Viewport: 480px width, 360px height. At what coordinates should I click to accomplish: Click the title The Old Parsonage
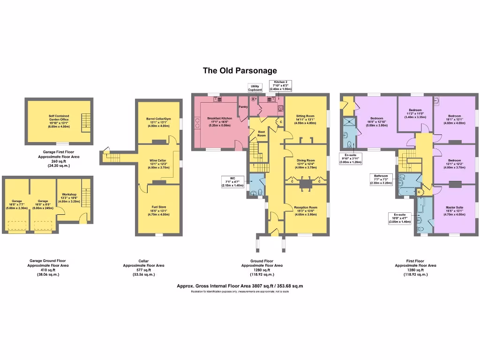point(240,71)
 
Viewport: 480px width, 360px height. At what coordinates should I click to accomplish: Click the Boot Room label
point(262,134)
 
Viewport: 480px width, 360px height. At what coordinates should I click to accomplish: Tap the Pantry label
point(243,107)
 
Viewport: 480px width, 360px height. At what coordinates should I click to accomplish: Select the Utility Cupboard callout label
point(255,88)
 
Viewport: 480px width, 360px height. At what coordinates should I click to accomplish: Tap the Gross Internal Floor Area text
point(240,285)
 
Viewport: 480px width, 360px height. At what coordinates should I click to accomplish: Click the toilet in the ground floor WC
point(259,191)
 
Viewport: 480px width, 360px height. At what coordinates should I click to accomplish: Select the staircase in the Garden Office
point(84,122)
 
